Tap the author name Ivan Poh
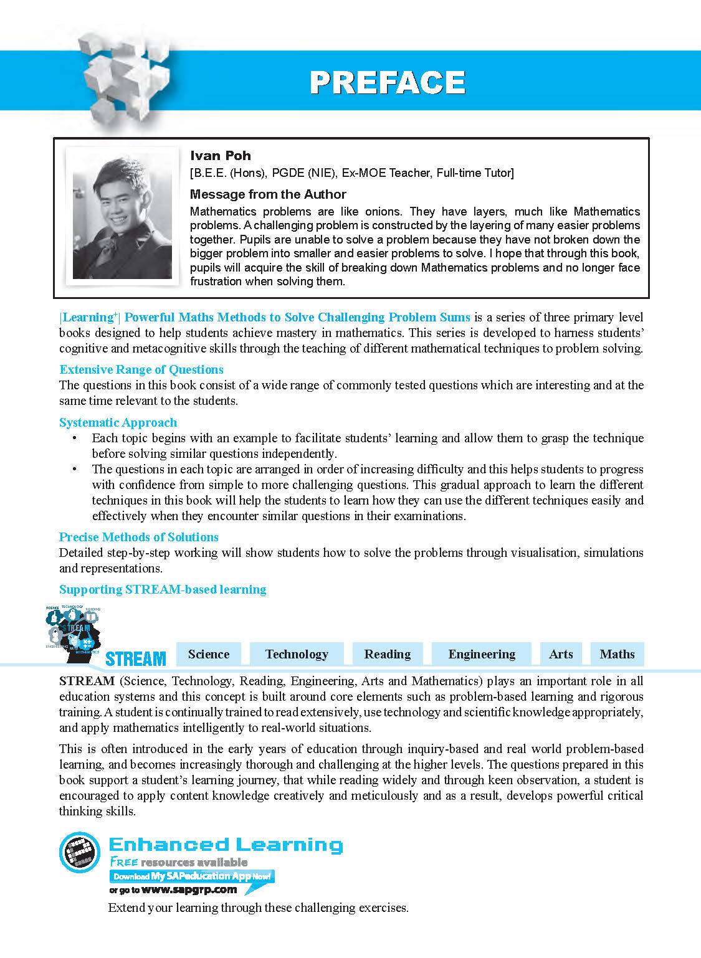220,156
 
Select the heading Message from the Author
267,194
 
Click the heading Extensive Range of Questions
141,369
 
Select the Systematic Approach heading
118,422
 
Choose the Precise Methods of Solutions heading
138,537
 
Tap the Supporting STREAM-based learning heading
162,589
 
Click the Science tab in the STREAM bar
209,654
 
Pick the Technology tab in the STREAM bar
297,654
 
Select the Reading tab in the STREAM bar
387,654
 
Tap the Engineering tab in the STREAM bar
482,654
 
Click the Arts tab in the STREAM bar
561,654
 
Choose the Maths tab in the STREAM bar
617,654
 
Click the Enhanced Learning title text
226,845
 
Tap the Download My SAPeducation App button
192,876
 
